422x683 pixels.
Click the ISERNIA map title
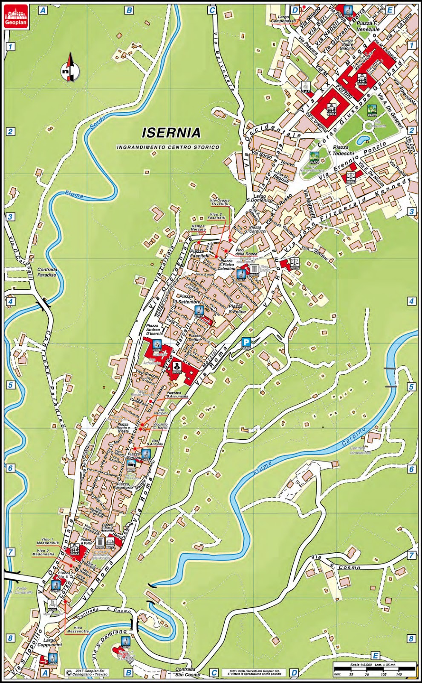[x=171, y=133]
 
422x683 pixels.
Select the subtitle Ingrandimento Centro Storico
[x=168, y=147]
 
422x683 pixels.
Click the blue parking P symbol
[x=246, y=341]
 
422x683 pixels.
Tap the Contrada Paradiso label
[x=47, y=272]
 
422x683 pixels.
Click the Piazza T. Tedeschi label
[x=341, y=150]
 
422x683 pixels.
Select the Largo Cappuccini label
[x=55, y=642]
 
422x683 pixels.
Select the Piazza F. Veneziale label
[x=368, y=26]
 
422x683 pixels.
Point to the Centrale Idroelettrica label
[x=360, y=450]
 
